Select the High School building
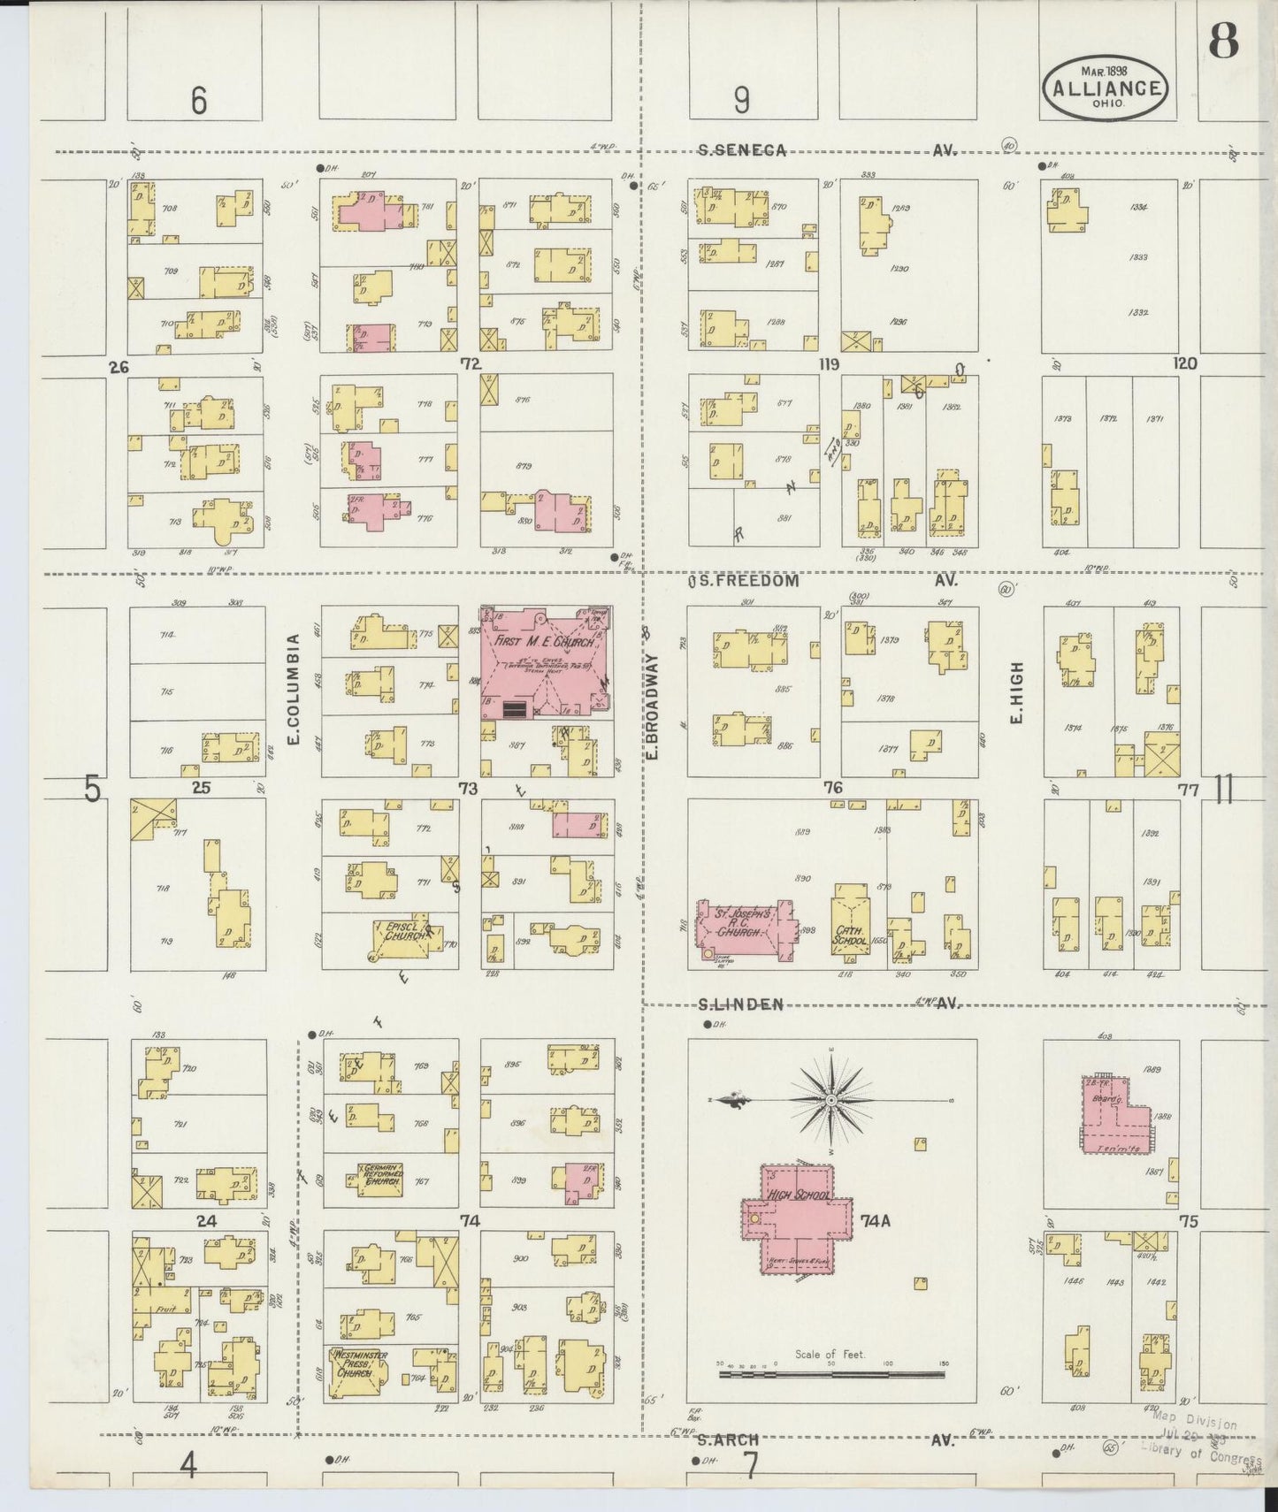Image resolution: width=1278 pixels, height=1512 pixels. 796,1221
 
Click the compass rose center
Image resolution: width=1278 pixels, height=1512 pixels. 831,1100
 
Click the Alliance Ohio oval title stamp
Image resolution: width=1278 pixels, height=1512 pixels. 1106,89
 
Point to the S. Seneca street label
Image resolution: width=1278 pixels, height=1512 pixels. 742,150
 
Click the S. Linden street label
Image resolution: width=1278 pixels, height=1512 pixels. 741,1004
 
